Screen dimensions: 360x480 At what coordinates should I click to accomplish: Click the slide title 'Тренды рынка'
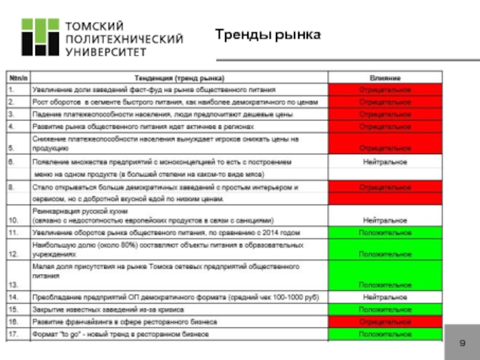pyautogui.click(x=268, y=35)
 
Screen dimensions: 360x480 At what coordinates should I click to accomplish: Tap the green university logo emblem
pyautogui.click(x=41, y=37)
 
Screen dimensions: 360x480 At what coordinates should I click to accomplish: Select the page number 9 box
pyautogui.click(x=462, y=343)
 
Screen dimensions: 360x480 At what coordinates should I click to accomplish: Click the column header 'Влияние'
pyautogui.click(x=385, y=78)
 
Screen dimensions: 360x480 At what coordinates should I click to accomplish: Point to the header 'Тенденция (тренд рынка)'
pyautogui.click(x=179, y=78)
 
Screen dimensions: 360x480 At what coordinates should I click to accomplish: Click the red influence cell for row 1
pyautogui.click(x=385, y=89)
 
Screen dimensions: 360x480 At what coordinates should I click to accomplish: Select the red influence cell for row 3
pyautogui.click(x=385, y=114)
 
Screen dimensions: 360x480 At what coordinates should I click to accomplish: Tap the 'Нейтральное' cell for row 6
pyautogui.click(x=385, y=162)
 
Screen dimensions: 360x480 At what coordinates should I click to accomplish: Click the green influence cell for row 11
pyautogui.click(x=385, y=232)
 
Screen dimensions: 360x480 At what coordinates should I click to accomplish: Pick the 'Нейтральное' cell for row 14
pyautogui.click(x=385, y=297)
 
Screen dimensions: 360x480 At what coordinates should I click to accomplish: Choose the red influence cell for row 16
pyautogui.click(x=385, y=321)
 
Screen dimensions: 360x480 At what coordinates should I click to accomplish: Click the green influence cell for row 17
pyautogui.click(x=385, y=333)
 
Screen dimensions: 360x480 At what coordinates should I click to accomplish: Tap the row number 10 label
pyautogui.click(x=13, y=220)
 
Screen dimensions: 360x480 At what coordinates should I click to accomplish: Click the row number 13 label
pyautogui.click(x=13, y=284)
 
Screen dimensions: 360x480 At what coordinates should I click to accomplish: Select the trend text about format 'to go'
pyautogui.click(x=120, y=333)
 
